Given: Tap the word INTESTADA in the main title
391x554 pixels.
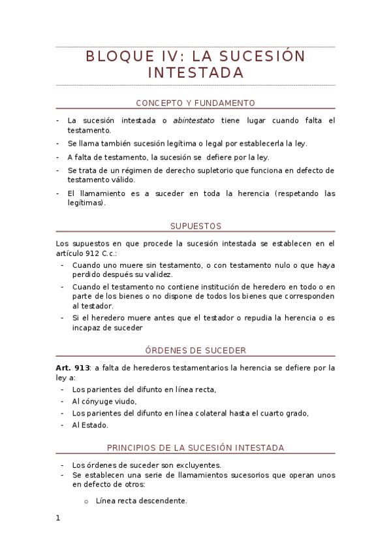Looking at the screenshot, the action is coord(195,73).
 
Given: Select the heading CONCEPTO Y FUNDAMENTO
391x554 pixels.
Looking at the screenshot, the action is coord(195,103).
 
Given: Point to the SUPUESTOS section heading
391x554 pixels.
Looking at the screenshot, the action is coord(195,226).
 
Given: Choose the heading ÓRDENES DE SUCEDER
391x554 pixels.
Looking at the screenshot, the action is coord(195,350).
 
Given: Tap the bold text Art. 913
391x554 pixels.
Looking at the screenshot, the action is coord(72,368).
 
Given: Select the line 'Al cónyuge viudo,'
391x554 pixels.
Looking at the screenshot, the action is coord(104,401).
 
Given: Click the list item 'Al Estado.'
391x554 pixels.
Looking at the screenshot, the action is coord(90,425).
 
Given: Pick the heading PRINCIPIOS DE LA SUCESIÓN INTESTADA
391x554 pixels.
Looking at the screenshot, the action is coord(195,448).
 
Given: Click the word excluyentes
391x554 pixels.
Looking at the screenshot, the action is coord(198,465).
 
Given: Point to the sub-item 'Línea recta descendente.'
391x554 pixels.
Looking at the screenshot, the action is coord(141,501).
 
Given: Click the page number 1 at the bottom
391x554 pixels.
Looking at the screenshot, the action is coord(58,518).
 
